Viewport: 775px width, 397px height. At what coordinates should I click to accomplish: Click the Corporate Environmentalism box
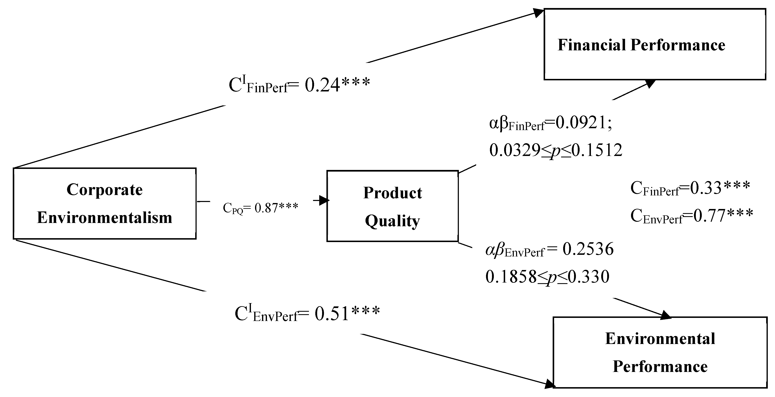(x=104, y=203)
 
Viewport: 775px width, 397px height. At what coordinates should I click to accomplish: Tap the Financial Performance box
(x=655, y=44)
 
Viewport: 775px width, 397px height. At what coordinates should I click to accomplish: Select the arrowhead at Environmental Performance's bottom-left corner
(x=549, y=384)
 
